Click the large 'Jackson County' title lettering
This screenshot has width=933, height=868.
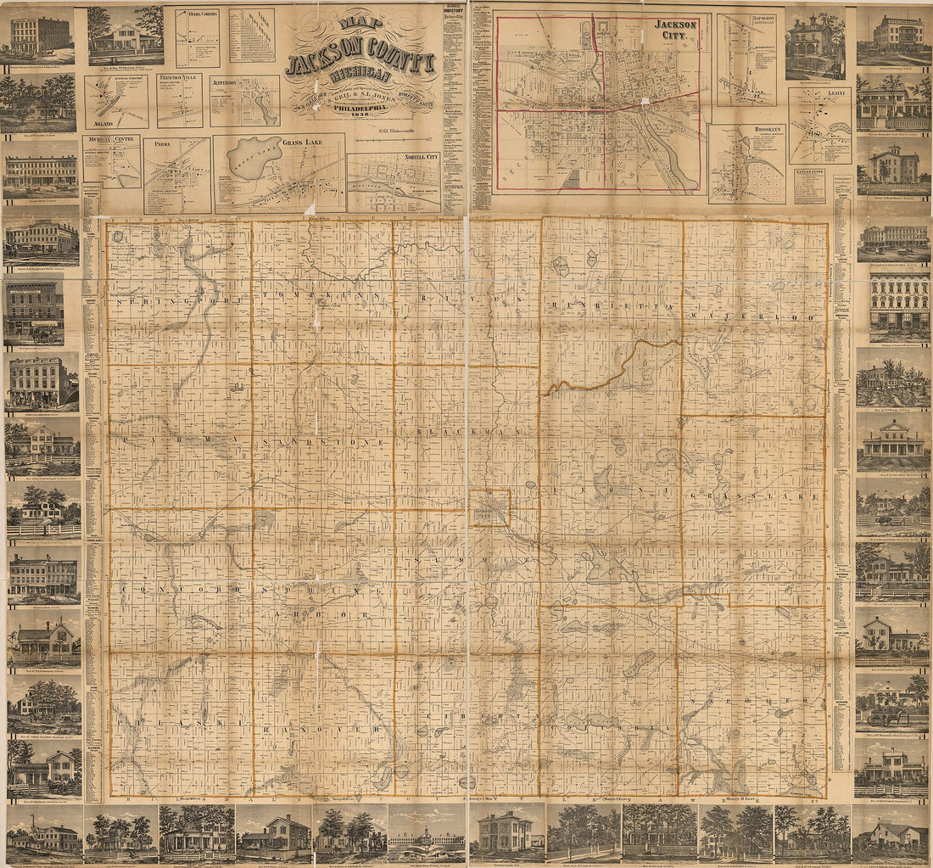[361, 62]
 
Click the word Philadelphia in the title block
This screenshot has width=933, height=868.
[362, 109]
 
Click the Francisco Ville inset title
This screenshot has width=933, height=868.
[180, 82]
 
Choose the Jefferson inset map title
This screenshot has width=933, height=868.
[225, 83]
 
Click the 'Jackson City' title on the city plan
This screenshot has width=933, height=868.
[675, 31]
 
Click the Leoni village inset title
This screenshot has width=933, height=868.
[819, 94]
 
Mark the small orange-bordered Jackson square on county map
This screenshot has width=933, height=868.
[489, 507]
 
